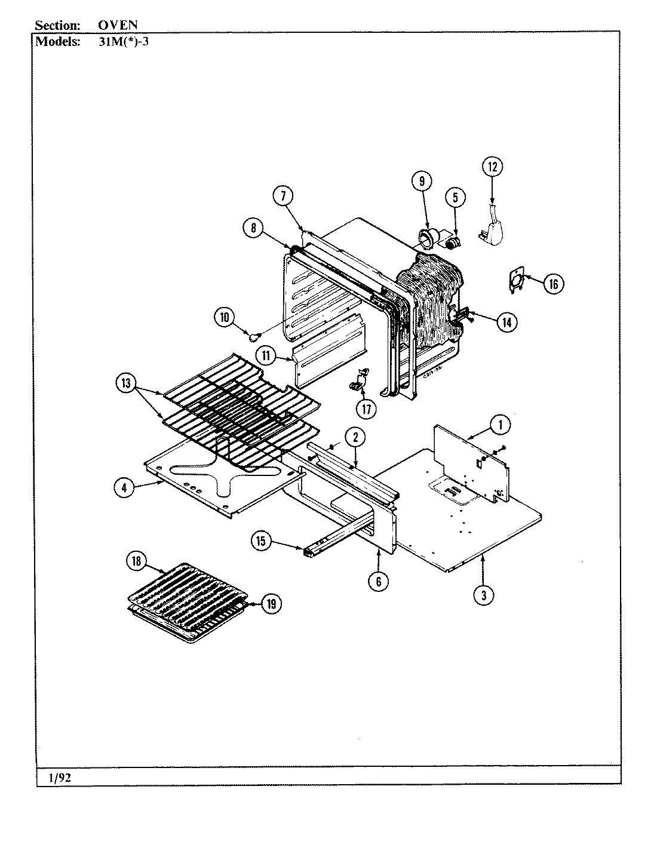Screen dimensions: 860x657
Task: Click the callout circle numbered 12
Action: pos(493,167)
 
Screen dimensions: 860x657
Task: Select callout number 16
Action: pos(553,284)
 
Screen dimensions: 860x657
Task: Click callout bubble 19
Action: pos(271,604)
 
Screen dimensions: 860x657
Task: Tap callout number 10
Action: pos(225,318)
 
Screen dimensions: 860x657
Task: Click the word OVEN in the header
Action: pos(118,25)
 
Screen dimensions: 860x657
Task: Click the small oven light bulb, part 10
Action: pos(254,337)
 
